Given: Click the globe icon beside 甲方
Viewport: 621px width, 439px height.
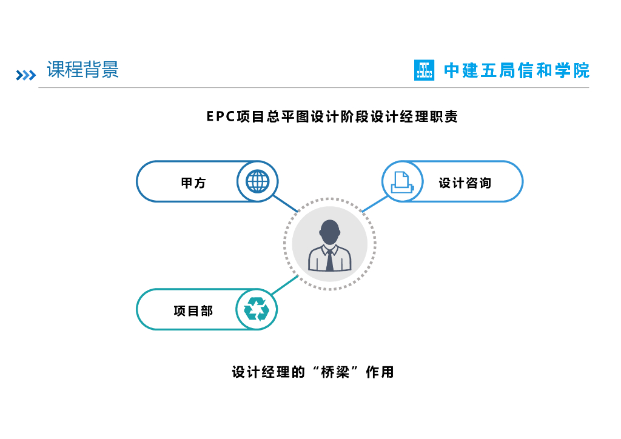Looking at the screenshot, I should click(257, 181).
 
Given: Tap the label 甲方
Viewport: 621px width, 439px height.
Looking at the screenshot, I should click(193, 183).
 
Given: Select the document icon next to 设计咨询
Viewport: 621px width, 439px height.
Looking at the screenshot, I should click(402, 181).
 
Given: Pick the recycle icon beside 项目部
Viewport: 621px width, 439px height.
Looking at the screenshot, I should click(257, 309).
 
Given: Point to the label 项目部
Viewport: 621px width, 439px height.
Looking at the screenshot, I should click(193, 311).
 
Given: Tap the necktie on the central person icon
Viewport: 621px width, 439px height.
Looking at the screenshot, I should click(329, 260).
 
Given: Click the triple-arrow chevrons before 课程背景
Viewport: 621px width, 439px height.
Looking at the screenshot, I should click(25, 75).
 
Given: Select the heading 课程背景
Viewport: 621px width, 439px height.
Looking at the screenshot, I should click(83, 70).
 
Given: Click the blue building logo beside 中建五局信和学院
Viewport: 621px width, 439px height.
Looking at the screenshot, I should click(425, 70).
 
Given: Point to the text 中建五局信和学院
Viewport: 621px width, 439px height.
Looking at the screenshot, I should click(517, 70).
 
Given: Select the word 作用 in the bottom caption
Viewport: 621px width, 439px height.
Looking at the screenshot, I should click(380, 372).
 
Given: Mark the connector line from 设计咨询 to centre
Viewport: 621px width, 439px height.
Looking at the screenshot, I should click(374, 204).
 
